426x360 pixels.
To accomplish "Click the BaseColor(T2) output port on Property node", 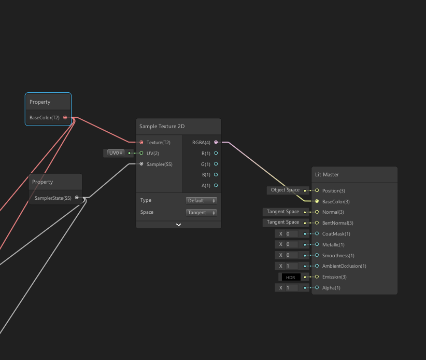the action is click(65, 118).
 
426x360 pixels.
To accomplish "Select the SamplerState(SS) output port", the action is click(77, 198).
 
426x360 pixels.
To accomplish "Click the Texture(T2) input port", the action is click(141, 142).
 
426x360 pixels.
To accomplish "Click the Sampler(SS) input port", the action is click(141, 164).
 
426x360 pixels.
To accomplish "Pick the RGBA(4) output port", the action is click(216, 142).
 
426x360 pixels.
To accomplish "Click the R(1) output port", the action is click(216, 153).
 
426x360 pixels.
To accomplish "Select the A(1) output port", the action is click(216, 185).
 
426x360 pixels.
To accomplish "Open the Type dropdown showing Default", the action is click(202, 201).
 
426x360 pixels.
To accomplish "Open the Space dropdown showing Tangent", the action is click(202, 213).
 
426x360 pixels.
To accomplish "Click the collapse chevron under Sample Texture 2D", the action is click(178, 225).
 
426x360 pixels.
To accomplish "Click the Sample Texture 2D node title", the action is click(162, 127).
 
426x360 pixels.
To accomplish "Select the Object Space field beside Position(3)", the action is click(286, 190).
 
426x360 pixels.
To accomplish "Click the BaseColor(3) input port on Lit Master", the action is click(317, 201).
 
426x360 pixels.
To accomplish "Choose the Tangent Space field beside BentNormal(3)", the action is click(283, 223).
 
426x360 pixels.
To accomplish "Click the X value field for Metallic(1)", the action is click(292, 244).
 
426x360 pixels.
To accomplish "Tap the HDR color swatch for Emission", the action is click(290, 277).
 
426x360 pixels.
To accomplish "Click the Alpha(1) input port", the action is click(317, 287).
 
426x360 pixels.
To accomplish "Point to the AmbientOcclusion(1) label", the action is click(344, 266).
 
